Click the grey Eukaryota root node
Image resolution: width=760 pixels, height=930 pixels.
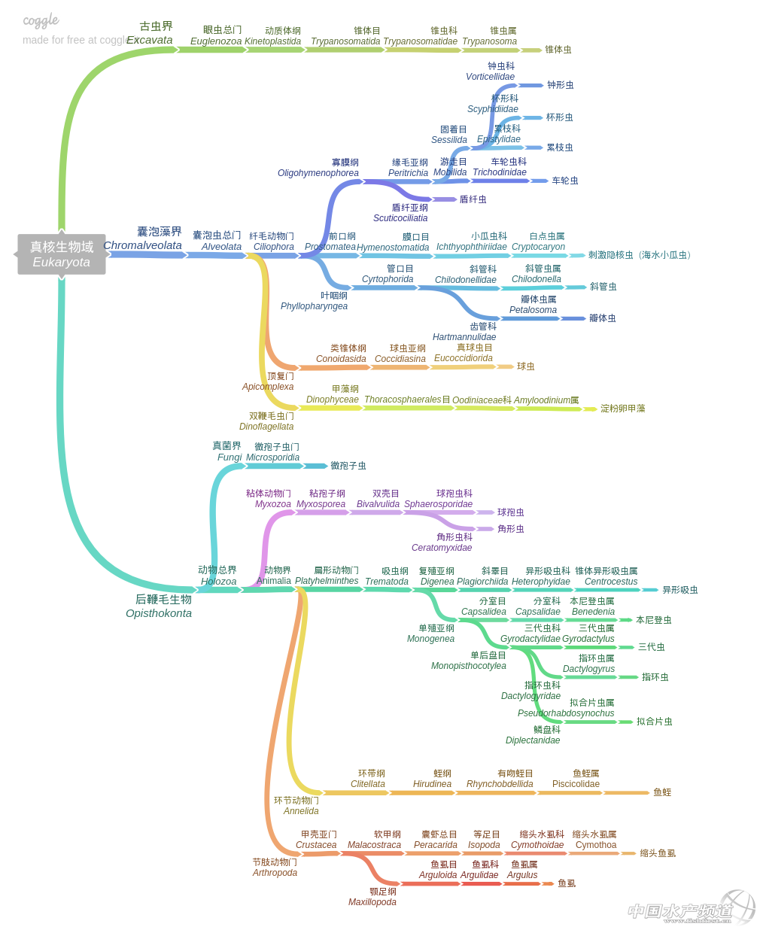tap(62, 254)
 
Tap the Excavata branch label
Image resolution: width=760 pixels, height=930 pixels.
tap(150, 40)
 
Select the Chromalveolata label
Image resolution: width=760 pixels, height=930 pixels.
tap(142, 245)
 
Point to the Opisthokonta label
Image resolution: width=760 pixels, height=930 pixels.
tap(159, 613)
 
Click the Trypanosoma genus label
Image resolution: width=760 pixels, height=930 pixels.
tap(489, 41)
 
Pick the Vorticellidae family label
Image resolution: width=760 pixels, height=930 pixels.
tap(490, 77)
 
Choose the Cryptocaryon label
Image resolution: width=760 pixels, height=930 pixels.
tap(538, 247)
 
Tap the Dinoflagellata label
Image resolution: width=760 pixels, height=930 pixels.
tap(266, 427)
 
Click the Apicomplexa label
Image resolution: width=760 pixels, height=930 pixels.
tap(268, 387)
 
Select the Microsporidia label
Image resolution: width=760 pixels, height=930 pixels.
tap(272, 457)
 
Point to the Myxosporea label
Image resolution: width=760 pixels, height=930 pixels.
tap(321, 504)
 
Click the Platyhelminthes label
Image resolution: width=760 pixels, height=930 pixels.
tap(327, 581)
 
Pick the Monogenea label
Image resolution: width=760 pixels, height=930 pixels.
tap(430, 639)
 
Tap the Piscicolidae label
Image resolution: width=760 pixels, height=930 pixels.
tap(576, 784)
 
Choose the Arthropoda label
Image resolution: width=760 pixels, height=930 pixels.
tap(275, 873)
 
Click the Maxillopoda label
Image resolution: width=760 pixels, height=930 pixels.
tap(372, 902)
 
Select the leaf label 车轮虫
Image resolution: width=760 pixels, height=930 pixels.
tap(565, 181)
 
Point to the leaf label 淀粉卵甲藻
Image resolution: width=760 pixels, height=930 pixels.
tap(622, 409)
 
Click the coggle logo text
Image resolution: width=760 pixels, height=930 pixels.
tap(41, 20)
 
